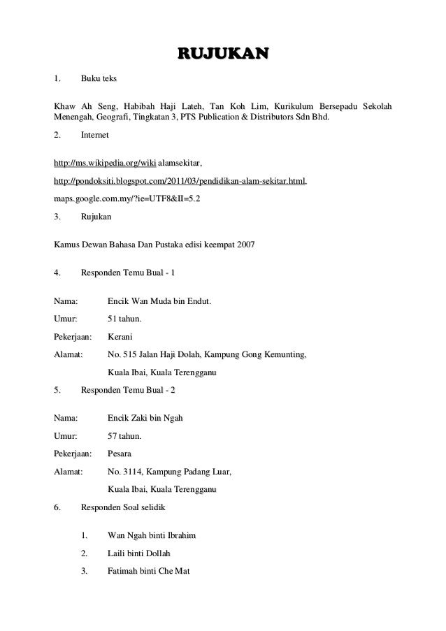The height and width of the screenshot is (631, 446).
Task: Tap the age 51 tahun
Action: tap(124, 319)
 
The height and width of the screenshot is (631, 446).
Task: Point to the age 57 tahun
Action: tap(124, 436)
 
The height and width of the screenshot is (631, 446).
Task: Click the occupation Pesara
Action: tap(120, 454)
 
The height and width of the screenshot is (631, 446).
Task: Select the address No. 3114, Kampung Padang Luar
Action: tap(169, 472)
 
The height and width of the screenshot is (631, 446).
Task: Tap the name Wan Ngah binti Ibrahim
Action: tap(152, 536)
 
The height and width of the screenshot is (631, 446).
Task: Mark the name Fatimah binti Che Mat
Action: tap(153, 571)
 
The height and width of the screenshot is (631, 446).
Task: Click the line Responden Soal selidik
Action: tap(124, 507)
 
